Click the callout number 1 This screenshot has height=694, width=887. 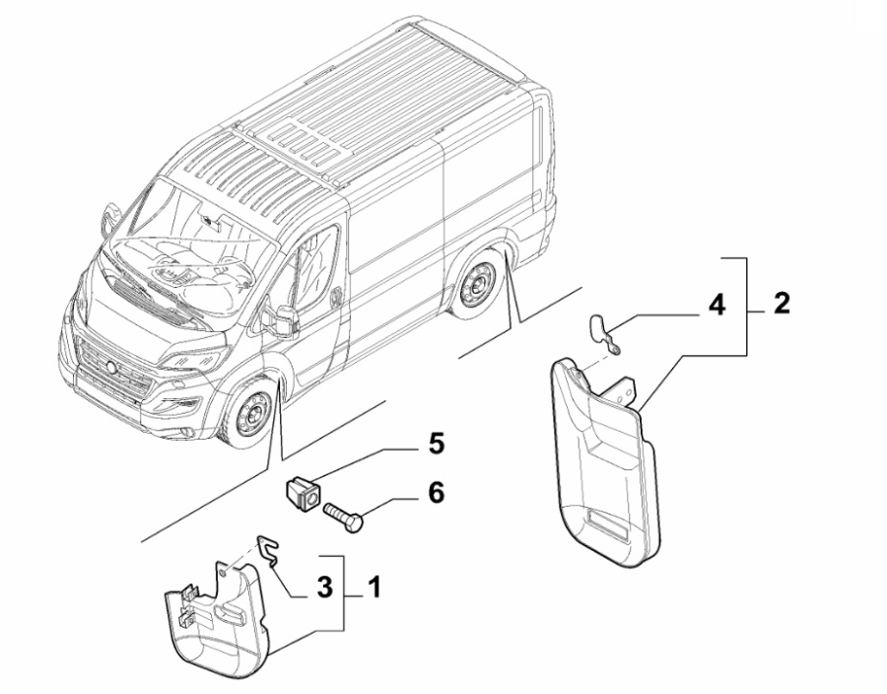[x=372, y=589]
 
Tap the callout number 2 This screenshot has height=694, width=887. [x=780, y=304]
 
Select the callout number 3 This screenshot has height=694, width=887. [x=321, y=590]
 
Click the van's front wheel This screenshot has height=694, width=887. [x=247, y=415]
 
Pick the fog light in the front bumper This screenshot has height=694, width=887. [x=185, y=435]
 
